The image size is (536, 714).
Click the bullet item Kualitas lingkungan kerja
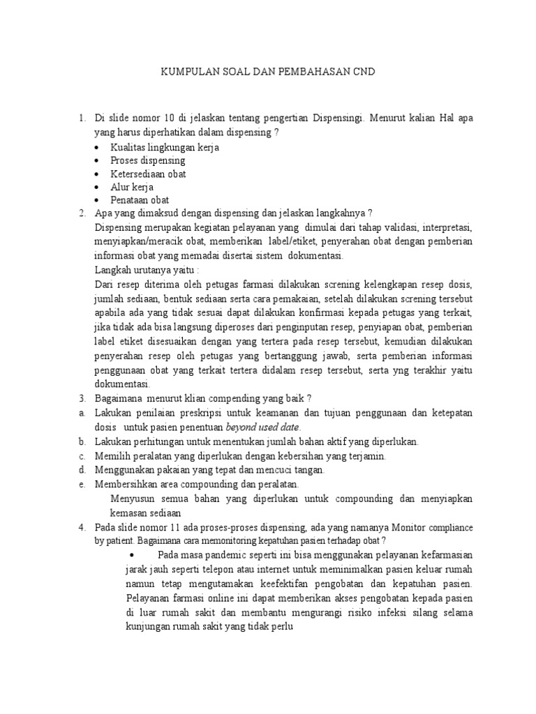click(154, 147)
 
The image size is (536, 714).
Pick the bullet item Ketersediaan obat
click(148, 174)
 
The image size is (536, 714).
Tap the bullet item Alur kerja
click(132, 187)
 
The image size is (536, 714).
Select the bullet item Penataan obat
click(140, 200)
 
